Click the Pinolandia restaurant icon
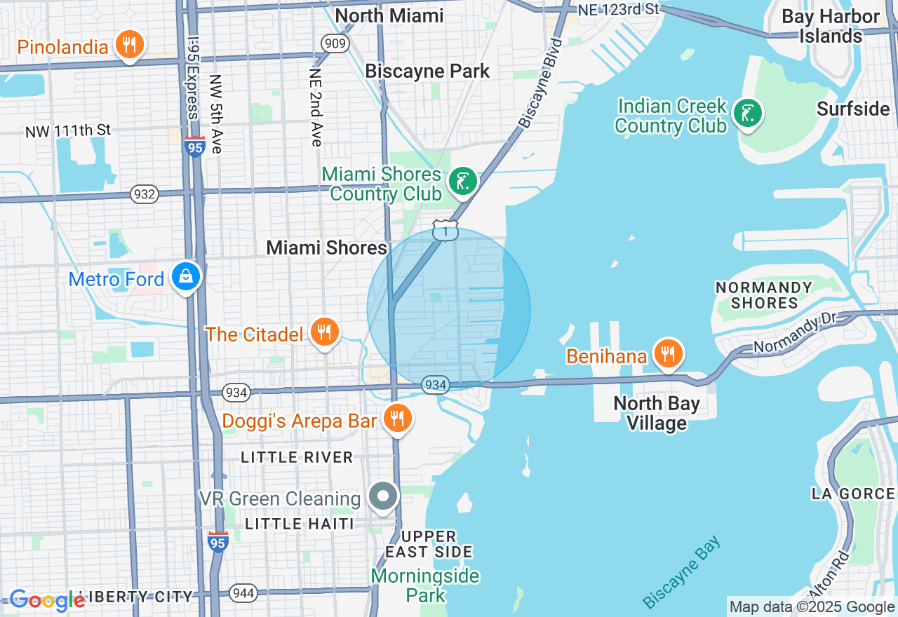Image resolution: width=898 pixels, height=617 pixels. pyautogui.click(x=128, y=45)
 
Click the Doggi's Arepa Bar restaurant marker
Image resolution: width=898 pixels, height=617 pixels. pyautogui.click(x=398, y=419)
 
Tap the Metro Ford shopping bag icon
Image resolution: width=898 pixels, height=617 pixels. pyautogui.click(x=186, y=276)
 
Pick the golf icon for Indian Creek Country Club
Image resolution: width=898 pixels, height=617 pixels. pyautogui.click(x=747, y=113)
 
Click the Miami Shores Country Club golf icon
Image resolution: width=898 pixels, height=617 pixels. pyautogui.click(x=462, y=181)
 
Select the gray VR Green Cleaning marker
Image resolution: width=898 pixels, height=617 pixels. pyautogui.click(x=383, y=496)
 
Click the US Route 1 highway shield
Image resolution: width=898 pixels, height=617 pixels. pyautogui.click(x=445, y=231)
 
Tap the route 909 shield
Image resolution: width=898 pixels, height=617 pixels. pyautogui.click(x=335, y=44)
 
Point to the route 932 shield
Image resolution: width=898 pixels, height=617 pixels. pyautogui.click(x=145, y=194)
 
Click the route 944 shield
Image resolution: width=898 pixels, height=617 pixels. pyautogui.click(x=243, y=593)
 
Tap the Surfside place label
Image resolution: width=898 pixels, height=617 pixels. pyautogui.click(x=853, y=109)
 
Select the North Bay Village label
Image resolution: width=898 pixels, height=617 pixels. pyautogui.click(x=656, y=413)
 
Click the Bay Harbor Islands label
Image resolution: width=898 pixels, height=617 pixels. pyautogui.click(x=831, y=26)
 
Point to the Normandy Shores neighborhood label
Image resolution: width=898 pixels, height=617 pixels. pyautogui.click(x=763, y=295)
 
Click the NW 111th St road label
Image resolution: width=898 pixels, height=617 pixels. pyautogui.click(x=68, y=131)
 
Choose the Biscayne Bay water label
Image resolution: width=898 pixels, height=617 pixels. pyautogui.click(x=681, y=572)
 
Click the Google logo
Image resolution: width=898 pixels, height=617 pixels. pyautogui.click(x=47, y=600)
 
